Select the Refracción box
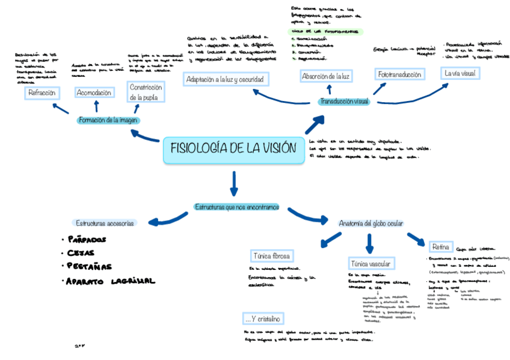coord(41,93)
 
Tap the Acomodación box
coord(94,93)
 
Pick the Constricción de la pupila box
coord(146,92)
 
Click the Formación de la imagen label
coord(109,120)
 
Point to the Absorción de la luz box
coord(325,76)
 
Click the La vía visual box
coord(460,73)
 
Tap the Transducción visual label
coord(344,102)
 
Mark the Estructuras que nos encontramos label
coord(236,207)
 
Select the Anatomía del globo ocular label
coord(370,224)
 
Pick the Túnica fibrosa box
coord(272,255)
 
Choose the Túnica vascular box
coord(370,264)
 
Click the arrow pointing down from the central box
coord(234,182)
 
